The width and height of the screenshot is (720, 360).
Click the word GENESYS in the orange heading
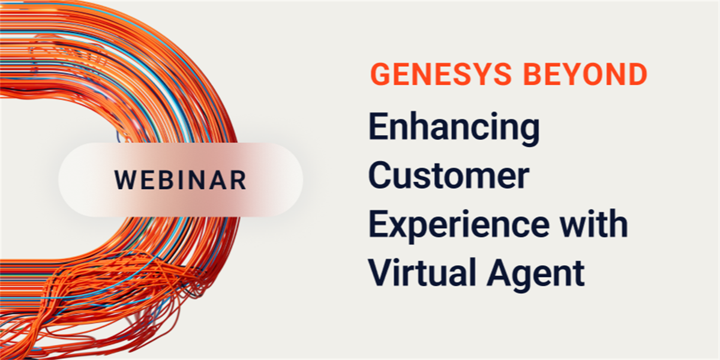440,74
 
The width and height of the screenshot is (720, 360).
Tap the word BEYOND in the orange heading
586,74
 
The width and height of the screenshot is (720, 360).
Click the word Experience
458,226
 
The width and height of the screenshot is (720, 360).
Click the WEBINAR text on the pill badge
181,180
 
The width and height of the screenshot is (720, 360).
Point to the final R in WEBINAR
238,180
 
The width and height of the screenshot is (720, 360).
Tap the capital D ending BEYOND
637,74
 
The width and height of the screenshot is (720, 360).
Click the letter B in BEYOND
533,74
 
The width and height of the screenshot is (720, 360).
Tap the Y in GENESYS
478,74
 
